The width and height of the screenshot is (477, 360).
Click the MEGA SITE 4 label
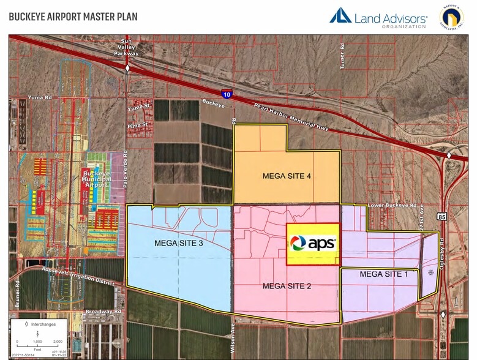click(x=287, y=176)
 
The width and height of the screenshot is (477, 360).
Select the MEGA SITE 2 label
click(x=287, y=285)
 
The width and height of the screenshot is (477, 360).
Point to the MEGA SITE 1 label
click(x=384, y=274)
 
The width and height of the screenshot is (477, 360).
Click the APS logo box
click(x=313, y=244)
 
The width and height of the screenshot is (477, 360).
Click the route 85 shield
click(x=442, y=217)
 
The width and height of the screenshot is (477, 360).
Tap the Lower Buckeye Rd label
click(x=392, y=206)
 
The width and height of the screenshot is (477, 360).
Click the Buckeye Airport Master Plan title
click(x=73, y=17)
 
